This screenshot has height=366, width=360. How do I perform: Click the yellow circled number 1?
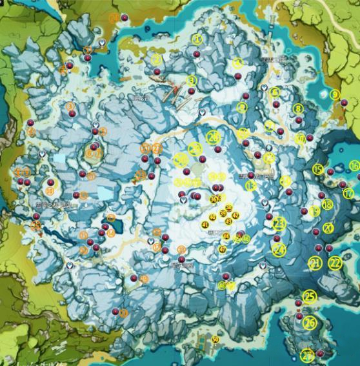point(197,39)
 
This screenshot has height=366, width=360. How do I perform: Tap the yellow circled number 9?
point(334,95)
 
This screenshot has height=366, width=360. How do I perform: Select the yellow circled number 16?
point(354,166)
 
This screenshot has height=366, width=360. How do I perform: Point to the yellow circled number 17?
point(348,192)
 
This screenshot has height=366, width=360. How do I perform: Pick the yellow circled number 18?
point(327,205)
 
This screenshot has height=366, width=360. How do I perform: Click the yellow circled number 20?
point(328,228)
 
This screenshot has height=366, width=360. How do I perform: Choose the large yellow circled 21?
point(315,263)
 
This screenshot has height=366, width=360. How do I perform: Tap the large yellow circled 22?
point(335,263)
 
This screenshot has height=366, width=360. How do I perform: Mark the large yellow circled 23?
point(279,223)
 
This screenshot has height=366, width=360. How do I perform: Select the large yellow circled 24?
point(279,249)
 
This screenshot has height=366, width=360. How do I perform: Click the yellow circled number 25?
point(310,296)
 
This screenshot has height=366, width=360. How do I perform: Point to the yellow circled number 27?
point(307,354)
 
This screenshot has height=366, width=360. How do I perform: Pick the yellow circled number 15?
point(318,170)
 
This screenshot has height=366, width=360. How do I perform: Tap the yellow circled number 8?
point(298,109)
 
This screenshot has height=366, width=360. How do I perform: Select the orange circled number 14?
point(111,233)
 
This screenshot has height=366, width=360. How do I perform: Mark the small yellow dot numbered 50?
point(215,340)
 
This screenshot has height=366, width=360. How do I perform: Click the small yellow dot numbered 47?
point(223,249)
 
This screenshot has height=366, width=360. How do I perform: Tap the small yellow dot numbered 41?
point(205,225)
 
